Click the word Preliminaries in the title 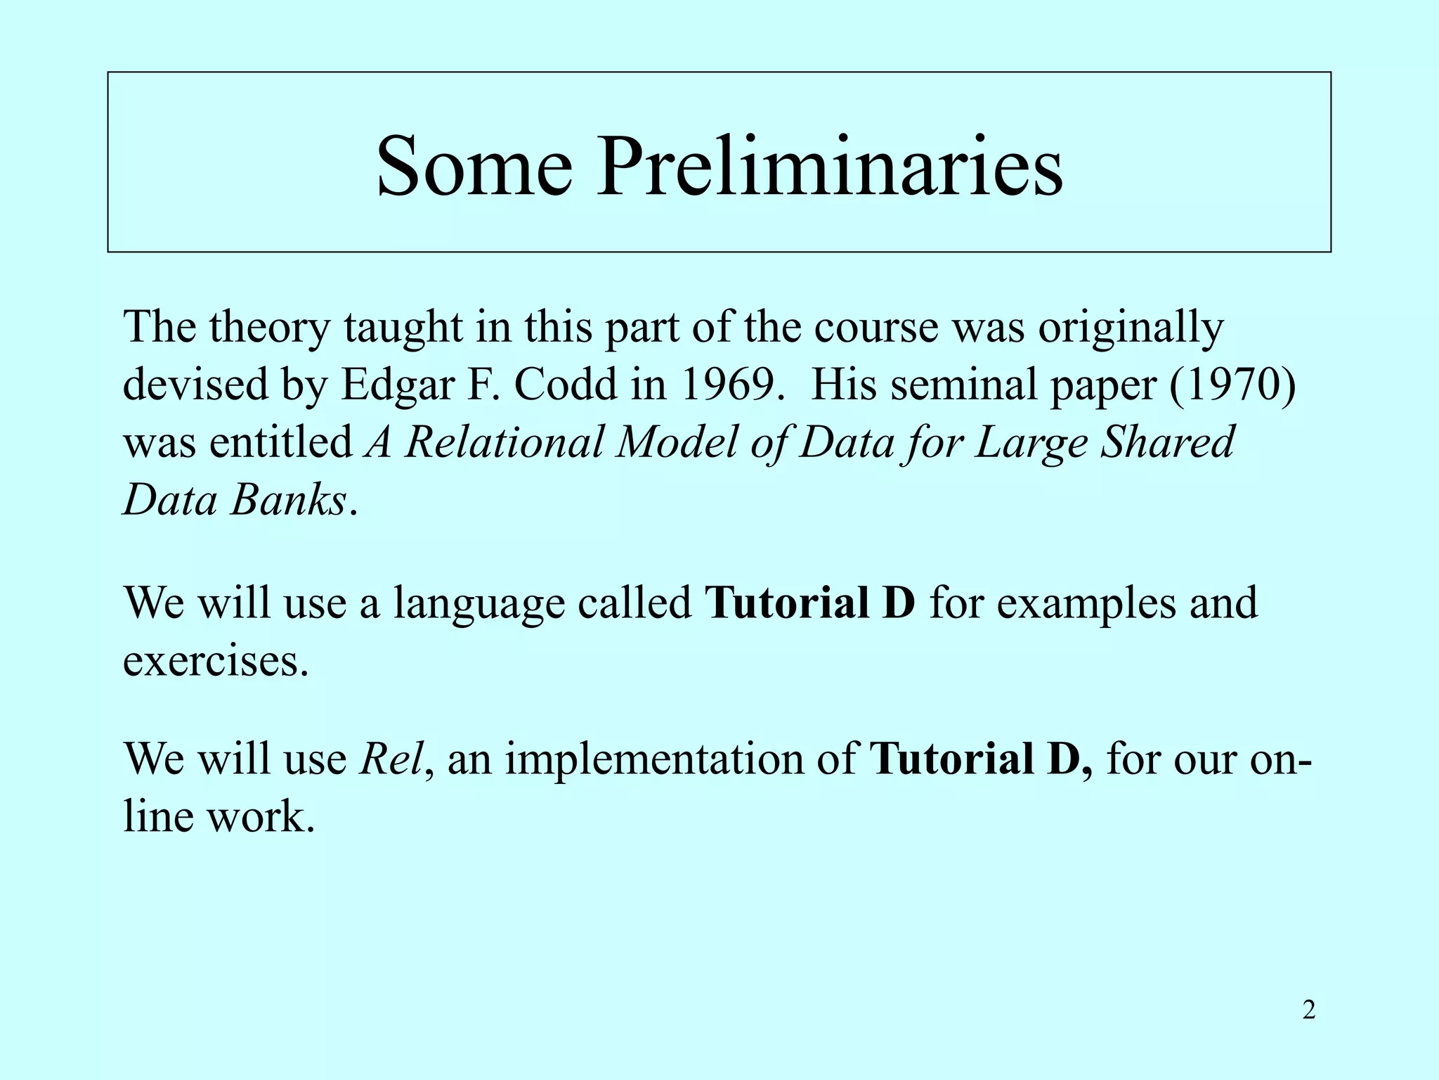[830, 167]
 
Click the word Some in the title [474, 167]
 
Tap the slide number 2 [1308, 1010]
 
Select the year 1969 [731, 385]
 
